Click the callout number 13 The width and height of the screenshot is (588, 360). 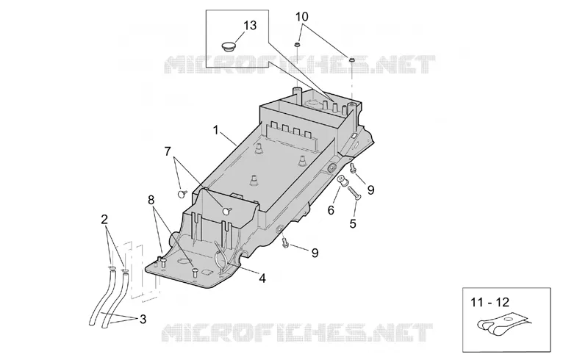[x=250, y=26]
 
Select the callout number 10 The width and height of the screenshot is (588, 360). [x=302, y=17]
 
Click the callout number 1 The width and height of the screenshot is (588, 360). [x=215, y=130]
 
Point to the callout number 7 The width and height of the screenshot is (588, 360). [x=168, y=151]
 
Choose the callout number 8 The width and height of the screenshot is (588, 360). [x=151, y=200]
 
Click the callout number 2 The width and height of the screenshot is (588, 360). [x=104, y=219]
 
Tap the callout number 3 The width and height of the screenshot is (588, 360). [x=143, y=320]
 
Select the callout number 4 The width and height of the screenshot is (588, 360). [x=262, y=278]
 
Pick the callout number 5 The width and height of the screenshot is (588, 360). [x=353, y=223]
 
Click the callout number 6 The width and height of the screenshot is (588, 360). [x=331, y=210]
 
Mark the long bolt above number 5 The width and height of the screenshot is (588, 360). [x=354, y=194]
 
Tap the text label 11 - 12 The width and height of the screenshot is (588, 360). [x=490, y=302]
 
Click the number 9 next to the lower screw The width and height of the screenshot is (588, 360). [x=315, y=253]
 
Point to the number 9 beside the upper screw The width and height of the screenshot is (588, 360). [x=370, y=190]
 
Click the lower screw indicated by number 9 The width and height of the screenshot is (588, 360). [x=285, y=242]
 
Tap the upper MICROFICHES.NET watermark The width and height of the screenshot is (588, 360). [x=299, y=65]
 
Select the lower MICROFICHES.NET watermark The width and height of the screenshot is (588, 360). [x=297, y=332]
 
